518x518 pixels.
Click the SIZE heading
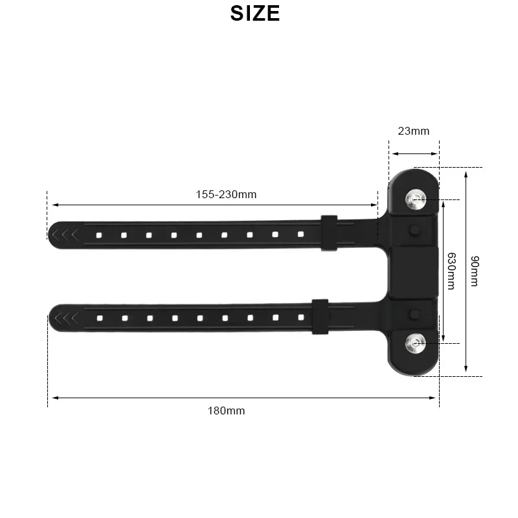[x=254, y=13]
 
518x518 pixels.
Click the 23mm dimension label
[x=413, y=131]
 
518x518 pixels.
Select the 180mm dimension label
[x=226, y=410]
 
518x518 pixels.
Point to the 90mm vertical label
[x=475, y=271]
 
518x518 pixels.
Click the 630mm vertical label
[x=451, y=271]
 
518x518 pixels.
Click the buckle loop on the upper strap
[x=328, y=233]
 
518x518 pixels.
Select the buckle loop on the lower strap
[x=319, y=317]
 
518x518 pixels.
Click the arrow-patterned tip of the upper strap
[x=65, y=233]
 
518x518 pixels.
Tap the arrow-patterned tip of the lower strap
[x=65, y=317]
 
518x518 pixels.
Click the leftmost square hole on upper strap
[x=98, y=234]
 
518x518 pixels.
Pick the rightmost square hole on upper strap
[x=300, y=233]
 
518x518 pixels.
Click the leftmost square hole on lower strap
[x=99, y=318]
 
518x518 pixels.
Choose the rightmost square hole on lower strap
[x=300, y=317]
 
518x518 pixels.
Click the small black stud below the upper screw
[x=414, y=230]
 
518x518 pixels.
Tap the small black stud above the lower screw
[x=414, y=313]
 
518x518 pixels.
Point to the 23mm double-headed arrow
[x=414, y=153]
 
